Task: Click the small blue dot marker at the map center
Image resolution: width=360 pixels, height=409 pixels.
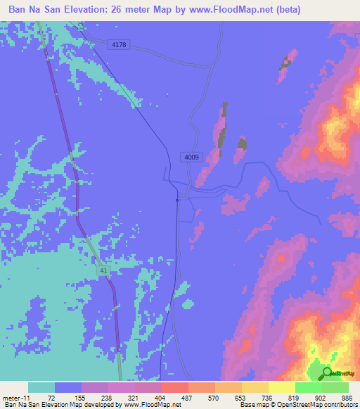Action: pos(177,200)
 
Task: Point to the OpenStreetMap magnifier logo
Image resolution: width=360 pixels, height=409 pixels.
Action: pos(327,373)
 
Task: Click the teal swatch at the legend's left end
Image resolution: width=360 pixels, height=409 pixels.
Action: pos(41,387)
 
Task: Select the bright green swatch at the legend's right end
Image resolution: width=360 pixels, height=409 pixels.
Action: pos(335,387)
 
